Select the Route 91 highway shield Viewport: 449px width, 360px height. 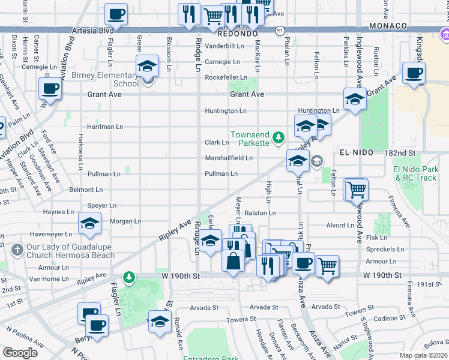pos(280,30)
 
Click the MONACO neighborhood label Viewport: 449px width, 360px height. pos(388,26)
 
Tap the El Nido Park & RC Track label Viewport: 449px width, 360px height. pos(416,173)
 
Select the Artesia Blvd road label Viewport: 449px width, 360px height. pos(92,30)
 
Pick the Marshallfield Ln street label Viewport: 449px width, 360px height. pos(229,158)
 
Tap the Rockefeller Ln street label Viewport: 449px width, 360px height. pos(226,78)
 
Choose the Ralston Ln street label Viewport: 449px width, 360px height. pos(260,213)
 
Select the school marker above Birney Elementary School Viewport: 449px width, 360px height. pos(146,67)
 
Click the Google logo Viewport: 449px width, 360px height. pos(20,353)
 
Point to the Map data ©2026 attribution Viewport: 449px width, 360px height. pos(423,355)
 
